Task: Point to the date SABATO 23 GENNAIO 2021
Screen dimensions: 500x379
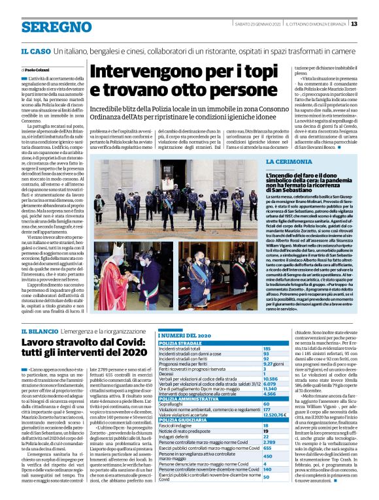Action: coord(258,24)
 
